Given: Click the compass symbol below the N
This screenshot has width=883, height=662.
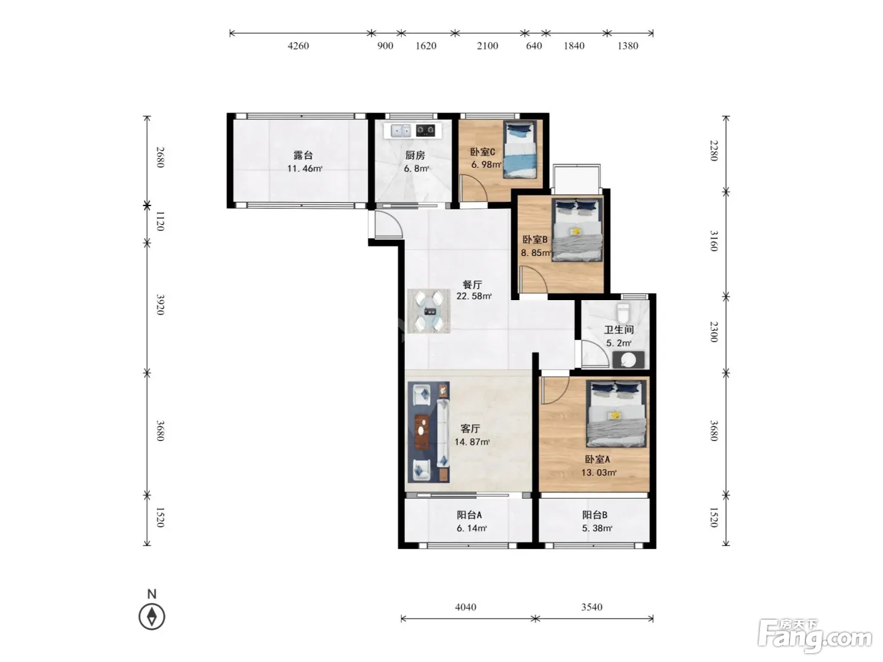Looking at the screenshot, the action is pyautogui.click(x=151, y=617).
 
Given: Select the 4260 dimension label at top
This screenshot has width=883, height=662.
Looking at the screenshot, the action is pyautogui.click(x=298, y=46).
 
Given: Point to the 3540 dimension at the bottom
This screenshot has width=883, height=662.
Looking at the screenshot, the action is pyautogui.click(x=592, y=607).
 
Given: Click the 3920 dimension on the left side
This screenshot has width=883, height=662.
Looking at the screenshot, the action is pyautogui.click(x=160, y=305).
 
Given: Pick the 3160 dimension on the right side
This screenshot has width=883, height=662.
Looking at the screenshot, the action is pyautogui.click(x=713, y=241).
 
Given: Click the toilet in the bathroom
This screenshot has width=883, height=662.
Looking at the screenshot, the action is pyautogui.click(x=623, y=313).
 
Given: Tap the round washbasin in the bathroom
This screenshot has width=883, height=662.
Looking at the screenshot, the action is pyautogui.click(x=628, y=360).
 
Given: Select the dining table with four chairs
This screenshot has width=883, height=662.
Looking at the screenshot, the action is pyautogui.click(x=429, y=311).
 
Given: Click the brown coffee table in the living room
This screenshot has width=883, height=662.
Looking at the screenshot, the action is pyautogui.click(x=421, y=432).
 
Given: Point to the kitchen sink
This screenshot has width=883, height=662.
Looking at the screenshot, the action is pyautogui.click(x=401, y=131).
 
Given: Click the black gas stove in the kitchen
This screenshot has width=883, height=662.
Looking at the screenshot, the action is pyautogui.click(x=426, y=131).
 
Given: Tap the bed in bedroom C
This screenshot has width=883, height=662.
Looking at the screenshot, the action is pyautogui.click(x=519, y=149).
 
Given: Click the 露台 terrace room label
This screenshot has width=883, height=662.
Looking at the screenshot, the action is pyautogui.click(x=303, y=155).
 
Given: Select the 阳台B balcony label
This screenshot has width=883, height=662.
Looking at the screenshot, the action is pyautogui.click(x=595, y=515).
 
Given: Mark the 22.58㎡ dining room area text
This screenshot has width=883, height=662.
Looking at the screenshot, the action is pyautogui.click(x=474, y=296).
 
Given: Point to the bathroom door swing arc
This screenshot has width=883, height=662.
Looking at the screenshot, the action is pyautogui.click(x=595, y=354).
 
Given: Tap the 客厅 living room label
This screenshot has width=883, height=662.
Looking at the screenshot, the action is pyautogui.click(x=471, y=429).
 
